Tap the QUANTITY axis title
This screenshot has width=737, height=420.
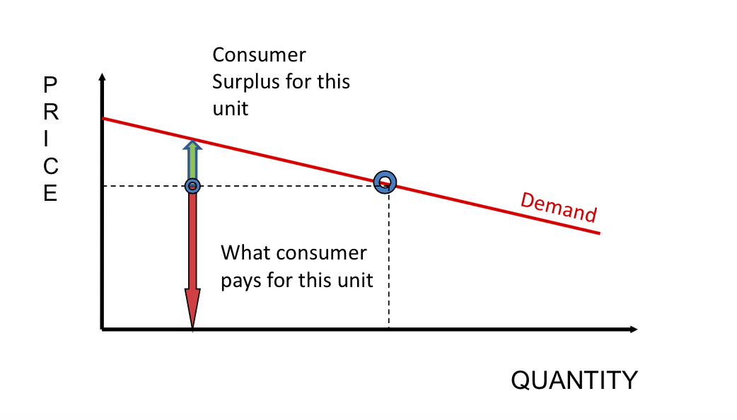(x=574, y=380)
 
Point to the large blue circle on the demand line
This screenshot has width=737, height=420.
(x=385, y=182)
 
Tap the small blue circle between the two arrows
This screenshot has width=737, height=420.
(x=192, y=186)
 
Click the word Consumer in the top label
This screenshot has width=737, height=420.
(x=259, y=55)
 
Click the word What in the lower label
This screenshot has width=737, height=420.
(x=245, y=252)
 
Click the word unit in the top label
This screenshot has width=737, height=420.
(x=231, y=110)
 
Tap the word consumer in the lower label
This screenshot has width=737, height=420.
(x=323, y=252)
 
